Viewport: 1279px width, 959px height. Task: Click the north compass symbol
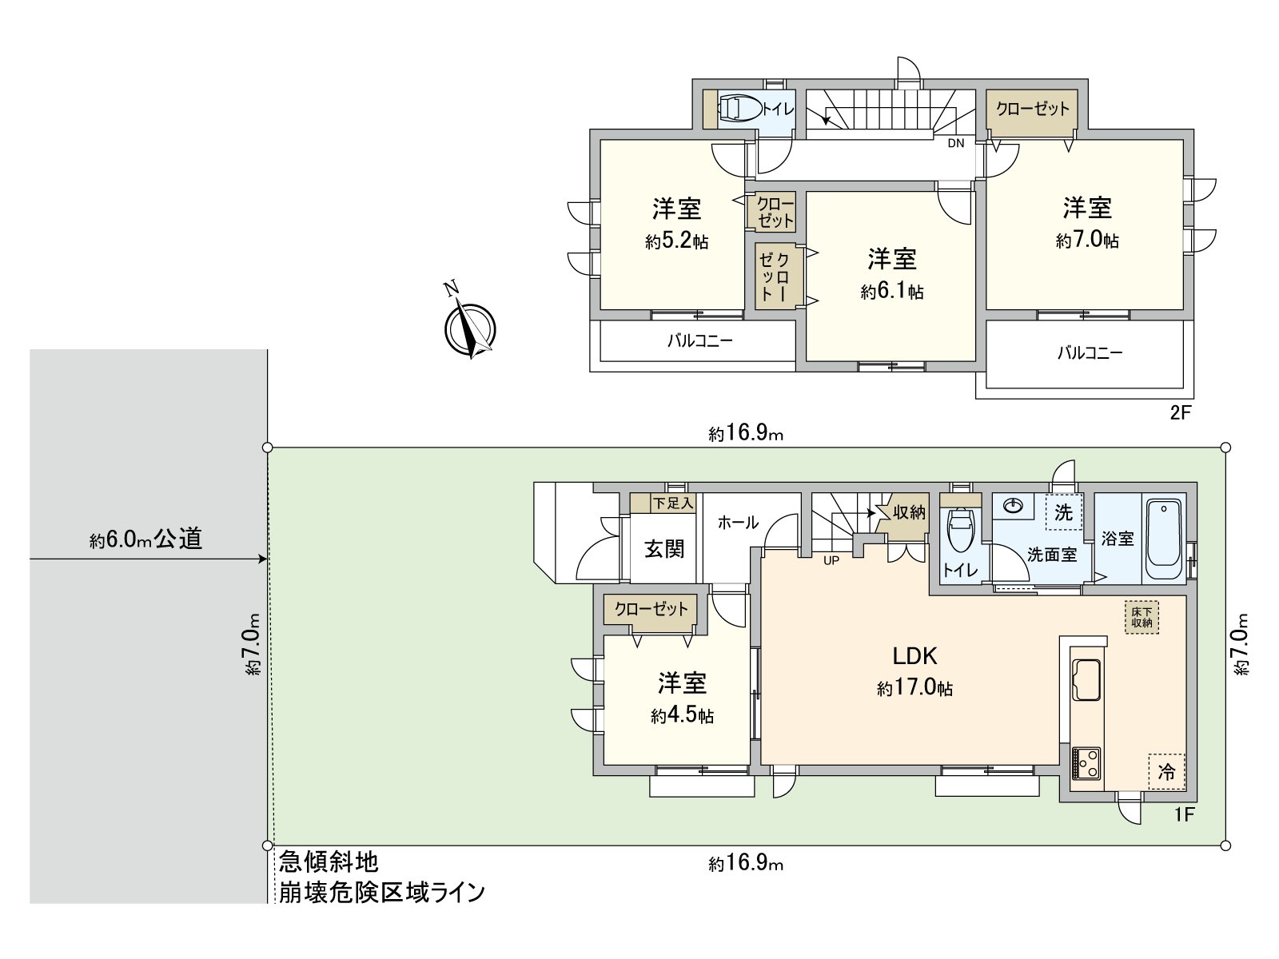pyautogui.click(x=469, y=328)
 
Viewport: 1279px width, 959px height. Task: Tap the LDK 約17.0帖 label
pyautogui.click(x=914, y=671)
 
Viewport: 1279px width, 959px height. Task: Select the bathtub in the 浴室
pyautogui.click(x=1164, y=540)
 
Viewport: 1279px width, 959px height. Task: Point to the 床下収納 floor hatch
pyautogui.click(x=1142, y=617)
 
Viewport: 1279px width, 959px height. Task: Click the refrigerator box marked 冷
pyautogui.click(x=1167, y=772)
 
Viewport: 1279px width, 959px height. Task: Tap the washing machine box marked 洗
pyautogui.click(x=1063, y=512)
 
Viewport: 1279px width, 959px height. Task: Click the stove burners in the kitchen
pyautogui.click(x=1086, y=763)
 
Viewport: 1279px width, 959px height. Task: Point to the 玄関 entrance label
pyautogui.click(x=664, y=549)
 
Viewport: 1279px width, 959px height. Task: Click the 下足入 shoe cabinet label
pyautogui.click(x=672, y=503)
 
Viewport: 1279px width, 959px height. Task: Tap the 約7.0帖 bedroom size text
pyautogui.click(x=1087, y=240)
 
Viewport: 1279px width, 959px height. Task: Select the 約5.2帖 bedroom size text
pyautogui.click(x=676, y=241)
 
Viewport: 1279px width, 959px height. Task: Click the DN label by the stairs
pyautogui.click(x=956, y=144)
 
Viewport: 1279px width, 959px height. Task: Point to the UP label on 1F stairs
pyautogui.click(x=831, y=560)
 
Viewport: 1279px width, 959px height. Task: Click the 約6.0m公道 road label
pyautogui.click(x=145, y=539)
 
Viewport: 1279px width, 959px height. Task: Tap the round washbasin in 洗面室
pyautogui.click(x=1014, y=505)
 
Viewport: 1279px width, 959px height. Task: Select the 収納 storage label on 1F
pyautogui.click(x=909, y=512)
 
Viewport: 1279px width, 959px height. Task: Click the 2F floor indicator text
pyautogui.click(x=1181, y=413)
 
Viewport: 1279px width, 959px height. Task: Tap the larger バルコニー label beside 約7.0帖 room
pyautogui.click(x=1090, y=352)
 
